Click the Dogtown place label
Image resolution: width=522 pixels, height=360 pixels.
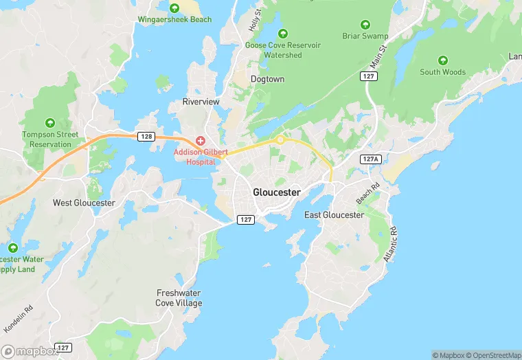[x=267, y=80]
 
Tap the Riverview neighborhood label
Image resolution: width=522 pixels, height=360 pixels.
[x=201, y=102]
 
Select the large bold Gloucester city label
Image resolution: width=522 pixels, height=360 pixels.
[x=276, y=192]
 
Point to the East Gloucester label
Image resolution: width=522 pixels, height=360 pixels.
[x=334, y=215]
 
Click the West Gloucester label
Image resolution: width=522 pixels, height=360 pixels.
[x=84, y=203]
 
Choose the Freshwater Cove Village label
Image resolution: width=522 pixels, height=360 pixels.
[x=179, y=298]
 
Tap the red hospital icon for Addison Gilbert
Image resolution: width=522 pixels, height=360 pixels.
[x=200, y=140]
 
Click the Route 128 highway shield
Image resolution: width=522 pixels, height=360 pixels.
[x=145, y=137]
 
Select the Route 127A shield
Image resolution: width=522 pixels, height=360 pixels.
[x=370, y=159]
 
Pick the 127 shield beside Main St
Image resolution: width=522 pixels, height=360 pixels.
[x=369, y=77]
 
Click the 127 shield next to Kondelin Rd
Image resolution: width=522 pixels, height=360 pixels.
[x=63, y=348]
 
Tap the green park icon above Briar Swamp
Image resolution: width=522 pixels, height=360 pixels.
[x=365, y=24]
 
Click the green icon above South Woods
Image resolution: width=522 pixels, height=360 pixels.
[x=442, y=60]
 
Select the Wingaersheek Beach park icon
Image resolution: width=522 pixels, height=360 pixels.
[x=174, y=8]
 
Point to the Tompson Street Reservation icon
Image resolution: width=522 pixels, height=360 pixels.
[x=49, y=122]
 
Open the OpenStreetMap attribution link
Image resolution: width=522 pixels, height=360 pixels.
[x=494, y=355]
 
